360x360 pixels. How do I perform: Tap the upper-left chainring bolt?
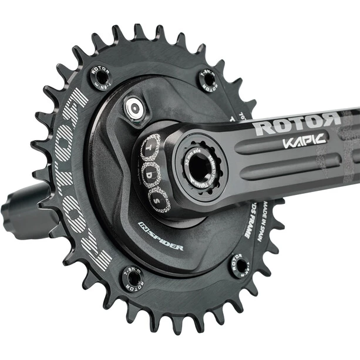pos(100,77)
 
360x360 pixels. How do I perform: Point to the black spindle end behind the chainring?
pos(23,207)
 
